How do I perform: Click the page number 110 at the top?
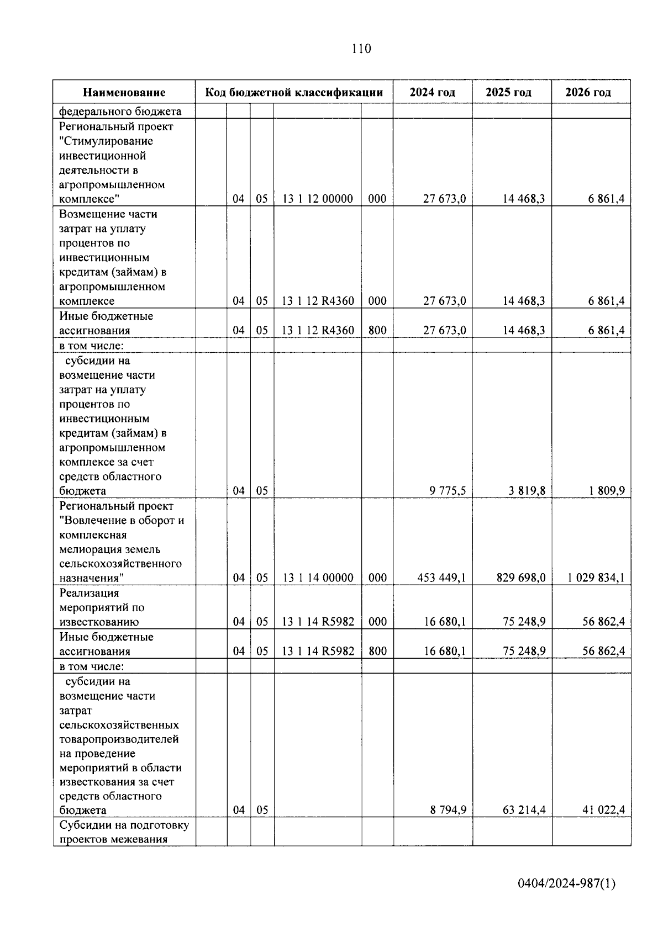(361, 49)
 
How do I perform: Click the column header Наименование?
(124, 92)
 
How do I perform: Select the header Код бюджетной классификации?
(294, 92)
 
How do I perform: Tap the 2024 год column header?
(432, 92)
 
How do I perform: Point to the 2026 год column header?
(588, 92)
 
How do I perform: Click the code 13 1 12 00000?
(318, 199)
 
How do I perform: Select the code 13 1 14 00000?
(318, 578)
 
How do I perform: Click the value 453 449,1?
(441, 578)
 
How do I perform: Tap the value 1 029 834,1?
(596, 578)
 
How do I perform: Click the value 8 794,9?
(448, 810)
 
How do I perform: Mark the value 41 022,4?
(603, 810)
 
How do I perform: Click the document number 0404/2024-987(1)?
(566, 884)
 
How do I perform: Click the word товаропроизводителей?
(119, 739)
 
